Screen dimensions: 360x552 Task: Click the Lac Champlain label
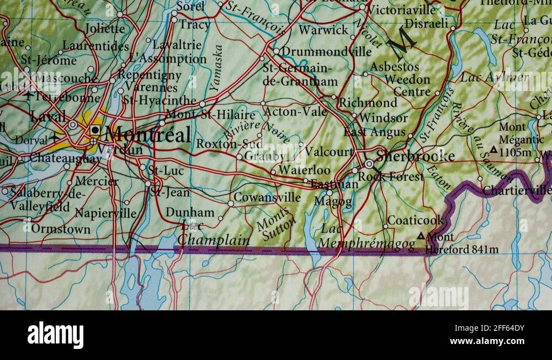click(213, 234)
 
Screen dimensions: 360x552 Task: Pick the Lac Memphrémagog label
click(368, 239)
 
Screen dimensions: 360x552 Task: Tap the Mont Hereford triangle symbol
click(421, 236)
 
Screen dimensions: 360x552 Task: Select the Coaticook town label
click(416, 220)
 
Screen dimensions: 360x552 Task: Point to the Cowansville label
click(267, 197)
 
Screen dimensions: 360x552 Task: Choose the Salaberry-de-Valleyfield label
click(40, 200)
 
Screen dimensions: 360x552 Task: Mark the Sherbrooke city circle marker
click(369, 164)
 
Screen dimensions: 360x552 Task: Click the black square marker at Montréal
click(95, 131)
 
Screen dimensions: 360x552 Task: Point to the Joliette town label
click(105, 28)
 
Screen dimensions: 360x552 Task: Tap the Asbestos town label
click(394, 67)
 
